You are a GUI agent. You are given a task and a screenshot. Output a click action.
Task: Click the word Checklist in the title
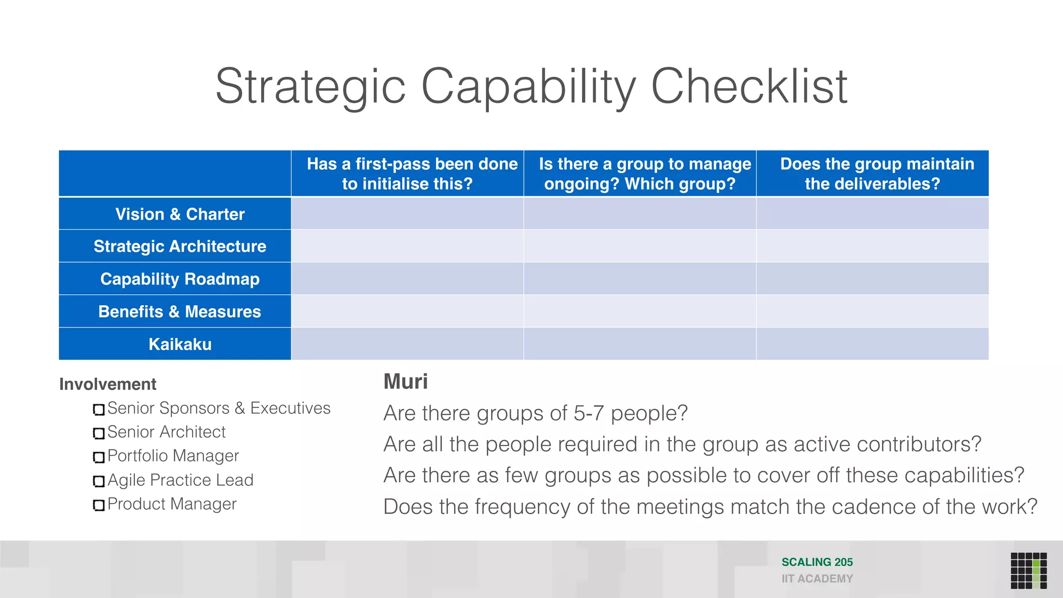[x=749, y=87]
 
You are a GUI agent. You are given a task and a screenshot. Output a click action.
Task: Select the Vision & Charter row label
[x=180, y=214]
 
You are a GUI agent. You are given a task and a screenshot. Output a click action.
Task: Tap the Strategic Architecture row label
[x=180, y=246]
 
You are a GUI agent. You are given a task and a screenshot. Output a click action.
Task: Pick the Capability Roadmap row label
[x=180, y=279]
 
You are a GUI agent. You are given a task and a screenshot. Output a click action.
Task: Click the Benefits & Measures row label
[x=180, y=311]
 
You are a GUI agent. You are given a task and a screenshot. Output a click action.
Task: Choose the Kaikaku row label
[x=180, y=344]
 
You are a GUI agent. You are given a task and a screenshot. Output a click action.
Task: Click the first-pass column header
[x=407, y=173]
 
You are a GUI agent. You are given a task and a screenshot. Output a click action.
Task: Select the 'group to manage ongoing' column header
[x=640, y=173]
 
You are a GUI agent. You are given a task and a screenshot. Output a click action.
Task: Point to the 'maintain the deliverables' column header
[x=873, y=173]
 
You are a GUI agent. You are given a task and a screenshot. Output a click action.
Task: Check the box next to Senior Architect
[x=99, y=433]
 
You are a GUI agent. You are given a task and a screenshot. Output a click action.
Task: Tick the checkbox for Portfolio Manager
[x=99, y=457]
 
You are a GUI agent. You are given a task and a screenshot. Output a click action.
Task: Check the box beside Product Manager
[x=99, y=505]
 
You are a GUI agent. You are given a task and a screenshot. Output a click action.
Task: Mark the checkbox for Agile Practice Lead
[x=99, y=481]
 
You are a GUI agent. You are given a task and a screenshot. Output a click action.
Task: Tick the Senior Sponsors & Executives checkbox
[x=99, y=410]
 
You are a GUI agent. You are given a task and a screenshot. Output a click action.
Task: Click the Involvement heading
[x=107, y=384]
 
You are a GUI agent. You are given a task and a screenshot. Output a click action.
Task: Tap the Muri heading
[x=405, y=382]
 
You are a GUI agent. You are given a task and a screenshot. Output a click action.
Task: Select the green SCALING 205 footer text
[x=817, y=562]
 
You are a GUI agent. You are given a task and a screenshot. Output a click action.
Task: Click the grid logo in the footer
[x=1028, y=570]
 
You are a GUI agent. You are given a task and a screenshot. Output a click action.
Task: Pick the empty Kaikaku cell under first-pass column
[x=407, y=344]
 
